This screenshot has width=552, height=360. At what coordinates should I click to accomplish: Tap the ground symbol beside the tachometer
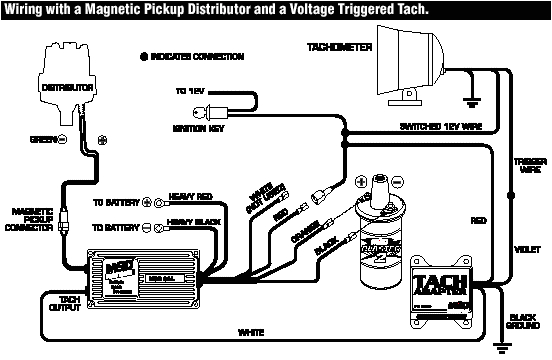(470, 100)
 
